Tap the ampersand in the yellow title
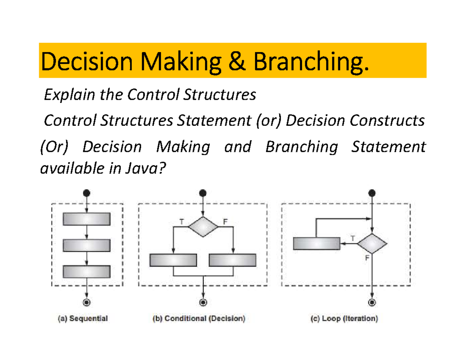(x=236, y=61)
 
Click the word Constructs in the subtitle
(x=387, y=120)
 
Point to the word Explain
(x=69, y=94)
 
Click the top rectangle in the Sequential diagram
(x=87, y=219)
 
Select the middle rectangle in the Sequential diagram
(x=87, y=245)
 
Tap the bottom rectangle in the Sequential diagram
(x=87, y=271)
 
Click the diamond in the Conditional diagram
(x=203, y=227)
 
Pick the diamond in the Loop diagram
(x=372, y=243)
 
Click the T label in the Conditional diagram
(x=182, y=222)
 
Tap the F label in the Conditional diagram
(x=225, y=221)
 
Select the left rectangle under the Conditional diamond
(x=173, y=260)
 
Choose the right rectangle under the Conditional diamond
(x=233, y=260)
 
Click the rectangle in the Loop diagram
(x=316, y=243)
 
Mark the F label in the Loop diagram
(x=367, y=258)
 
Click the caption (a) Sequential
(x=83, y=318)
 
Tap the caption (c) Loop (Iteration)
(x=344, y=318)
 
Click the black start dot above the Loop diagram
(x=372, y=193)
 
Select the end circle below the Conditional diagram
(x=203, y=303)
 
